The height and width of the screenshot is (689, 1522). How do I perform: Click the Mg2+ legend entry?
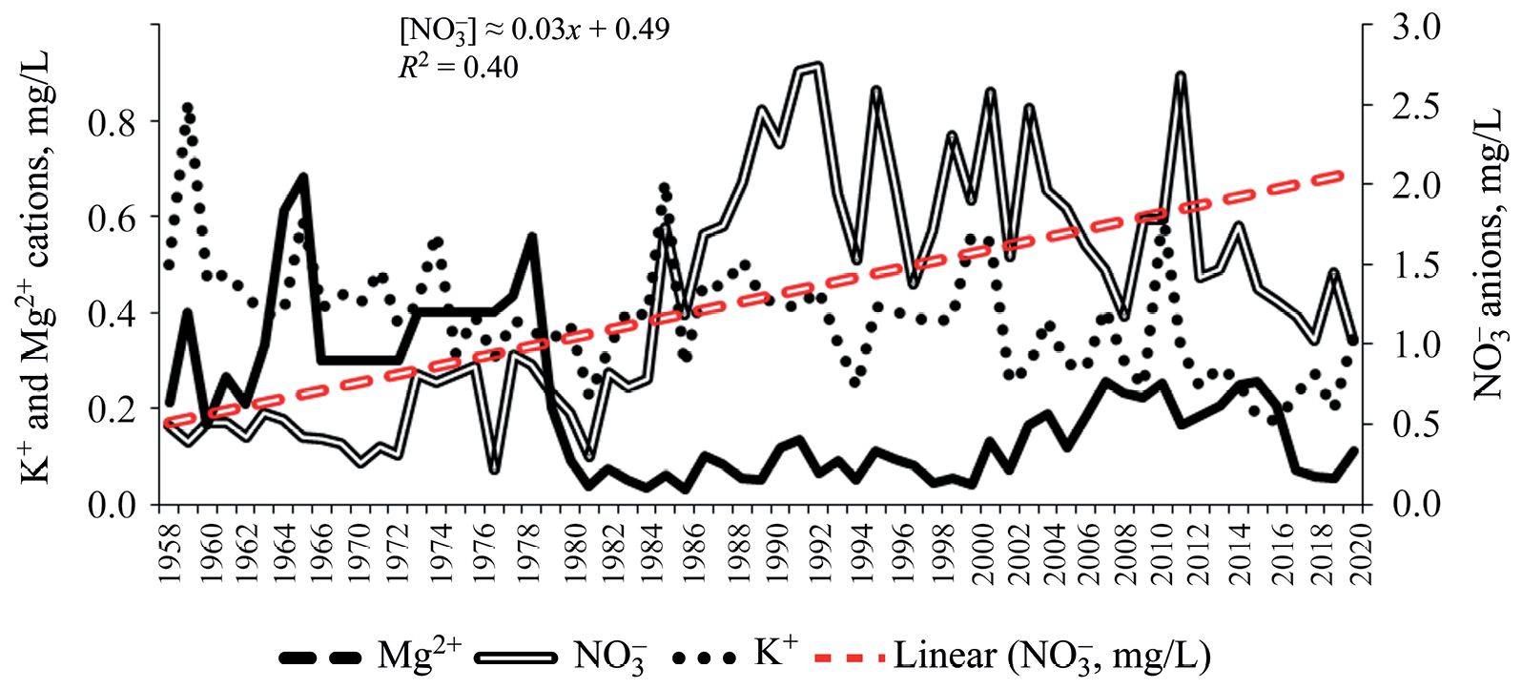(372, 656)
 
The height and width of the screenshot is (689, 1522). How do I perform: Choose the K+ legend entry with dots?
(734, 656)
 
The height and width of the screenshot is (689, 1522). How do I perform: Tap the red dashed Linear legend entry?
(1011, 656)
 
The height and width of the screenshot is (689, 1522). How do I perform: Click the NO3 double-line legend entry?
(563, 656)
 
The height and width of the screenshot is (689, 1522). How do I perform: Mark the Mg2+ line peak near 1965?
(303, 177)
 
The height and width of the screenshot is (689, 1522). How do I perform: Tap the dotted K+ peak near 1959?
(188, 108)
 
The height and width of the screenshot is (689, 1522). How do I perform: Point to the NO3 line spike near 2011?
(1181, 75)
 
